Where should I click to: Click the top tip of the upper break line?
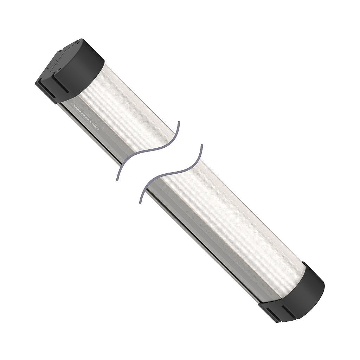pos(179,123)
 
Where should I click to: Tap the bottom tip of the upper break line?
pos(117,180)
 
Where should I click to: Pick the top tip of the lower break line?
pos(201,145)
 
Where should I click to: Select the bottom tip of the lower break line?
pos(141,203)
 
